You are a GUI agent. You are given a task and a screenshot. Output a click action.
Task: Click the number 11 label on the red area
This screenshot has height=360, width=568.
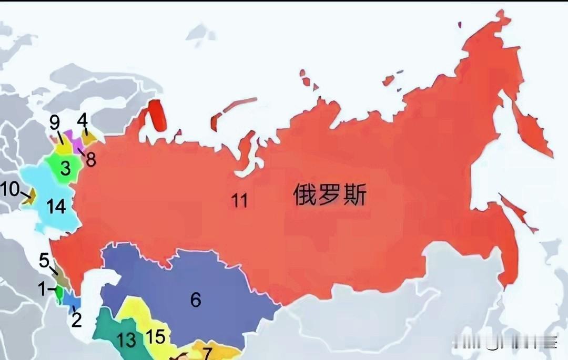240,200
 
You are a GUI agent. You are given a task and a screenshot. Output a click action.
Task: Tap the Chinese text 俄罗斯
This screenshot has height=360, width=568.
330,196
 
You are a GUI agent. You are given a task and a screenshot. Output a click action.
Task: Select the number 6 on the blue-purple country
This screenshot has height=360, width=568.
196,300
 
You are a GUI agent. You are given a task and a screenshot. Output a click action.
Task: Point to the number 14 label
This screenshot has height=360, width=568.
56,207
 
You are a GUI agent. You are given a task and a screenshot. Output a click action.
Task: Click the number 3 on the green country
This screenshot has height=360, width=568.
65,169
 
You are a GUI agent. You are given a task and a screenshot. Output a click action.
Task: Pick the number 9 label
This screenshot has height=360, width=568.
55,122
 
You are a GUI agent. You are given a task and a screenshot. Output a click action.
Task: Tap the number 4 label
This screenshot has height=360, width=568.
82,120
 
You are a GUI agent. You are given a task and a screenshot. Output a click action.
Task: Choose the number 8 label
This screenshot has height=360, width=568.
91,159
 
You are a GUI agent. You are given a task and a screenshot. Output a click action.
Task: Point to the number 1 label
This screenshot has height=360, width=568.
41,289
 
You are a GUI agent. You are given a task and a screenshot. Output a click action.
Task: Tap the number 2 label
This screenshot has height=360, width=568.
77,320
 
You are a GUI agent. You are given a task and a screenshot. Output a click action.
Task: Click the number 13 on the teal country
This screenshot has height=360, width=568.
127,340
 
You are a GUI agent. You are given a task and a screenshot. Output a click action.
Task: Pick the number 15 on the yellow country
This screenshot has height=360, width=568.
156,336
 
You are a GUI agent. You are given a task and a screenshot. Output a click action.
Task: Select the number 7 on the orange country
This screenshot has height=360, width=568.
207,353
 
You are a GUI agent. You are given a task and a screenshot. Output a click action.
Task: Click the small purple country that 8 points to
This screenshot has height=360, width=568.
72,139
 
